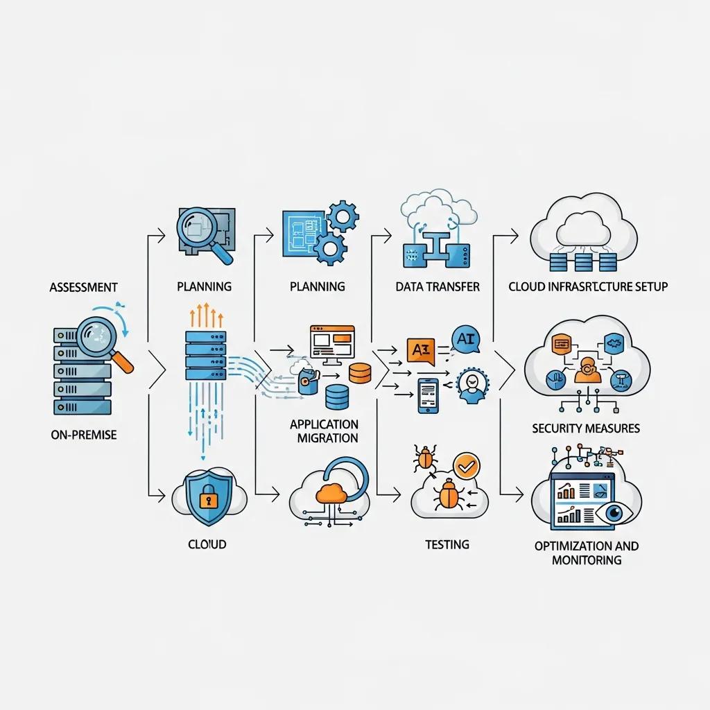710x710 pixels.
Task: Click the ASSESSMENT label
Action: click(83, 286)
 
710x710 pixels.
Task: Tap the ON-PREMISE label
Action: click(84, 435)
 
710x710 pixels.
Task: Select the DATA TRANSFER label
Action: click(438, 286)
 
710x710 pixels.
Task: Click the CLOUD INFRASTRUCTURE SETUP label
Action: click(588, 286)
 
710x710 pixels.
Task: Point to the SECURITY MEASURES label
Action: click(586, 428)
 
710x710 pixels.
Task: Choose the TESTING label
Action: click(447, 544)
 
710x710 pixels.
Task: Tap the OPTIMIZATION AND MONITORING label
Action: click(587, 553)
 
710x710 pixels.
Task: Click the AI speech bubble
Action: click(466, 339)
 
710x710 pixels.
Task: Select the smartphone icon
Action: click(428, 395)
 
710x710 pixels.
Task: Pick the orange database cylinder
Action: click(360, 372)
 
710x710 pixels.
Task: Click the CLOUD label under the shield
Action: click(207, 544)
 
